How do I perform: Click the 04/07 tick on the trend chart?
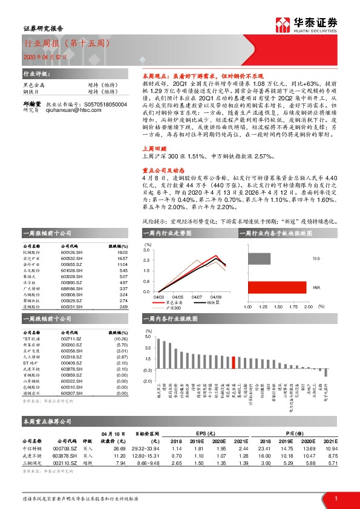click(x=197, y=297)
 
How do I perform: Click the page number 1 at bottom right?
click(x=335, y=498)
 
